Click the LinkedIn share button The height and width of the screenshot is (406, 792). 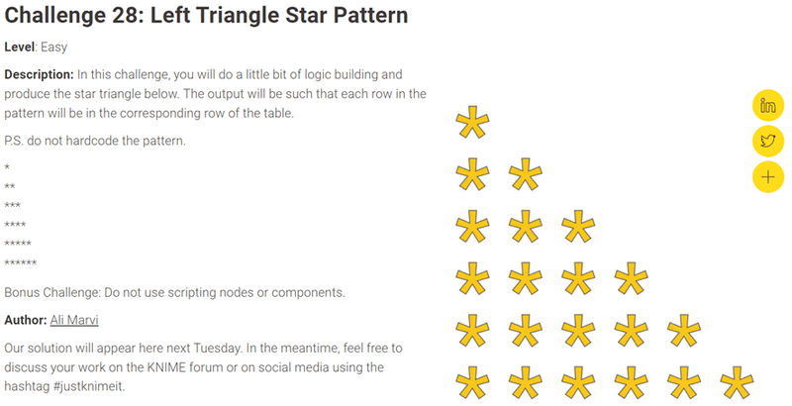click(768, 106)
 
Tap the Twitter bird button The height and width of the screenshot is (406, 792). click(768, 141)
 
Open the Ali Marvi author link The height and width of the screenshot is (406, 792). click(75, 320)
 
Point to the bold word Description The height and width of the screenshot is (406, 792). click(39, 75)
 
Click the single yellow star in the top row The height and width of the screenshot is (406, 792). click(472, 125)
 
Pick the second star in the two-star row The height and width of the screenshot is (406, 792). click(525, 177)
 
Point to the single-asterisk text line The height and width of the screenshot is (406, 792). click(7, 167)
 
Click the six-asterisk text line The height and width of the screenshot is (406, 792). click(21, 263)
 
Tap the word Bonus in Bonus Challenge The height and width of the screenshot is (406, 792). click(23, 292)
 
